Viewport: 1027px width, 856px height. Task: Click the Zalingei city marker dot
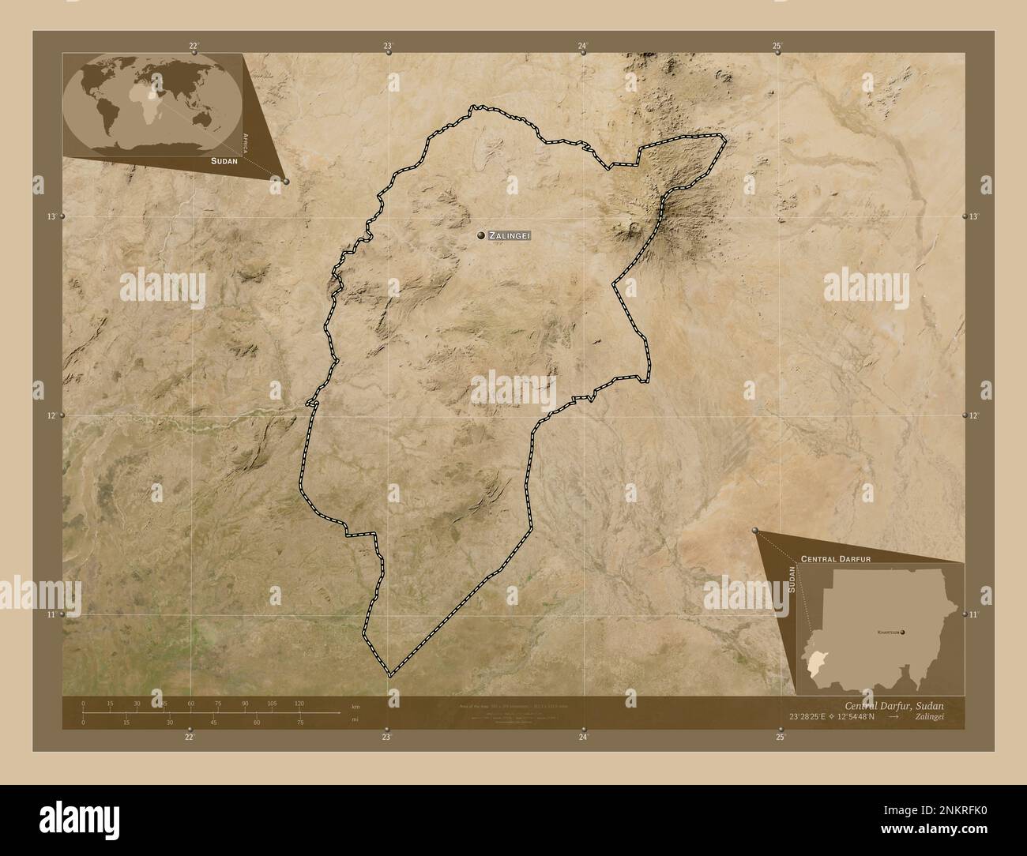pos(480,235)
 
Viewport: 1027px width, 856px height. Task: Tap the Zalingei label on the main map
pos(510,235)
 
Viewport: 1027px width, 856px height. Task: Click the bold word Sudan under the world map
pos(224,160)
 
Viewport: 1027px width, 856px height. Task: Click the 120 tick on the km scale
pos(299,703)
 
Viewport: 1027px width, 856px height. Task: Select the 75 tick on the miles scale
pos(299,722)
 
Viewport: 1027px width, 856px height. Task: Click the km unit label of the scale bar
pos(355,705)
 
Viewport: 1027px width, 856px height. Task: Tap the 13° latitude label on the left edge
pos(51,216)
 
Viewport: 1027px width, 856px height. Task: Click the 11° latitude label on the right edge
pos(975,614)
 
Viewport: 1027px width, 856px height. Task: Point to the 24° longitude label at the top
pos(583,47)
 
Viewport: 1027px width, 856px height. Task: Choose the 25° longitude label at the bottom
pos(781,738)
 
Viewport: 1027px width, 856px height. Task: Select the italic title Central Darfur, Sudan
pos(893,705)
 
